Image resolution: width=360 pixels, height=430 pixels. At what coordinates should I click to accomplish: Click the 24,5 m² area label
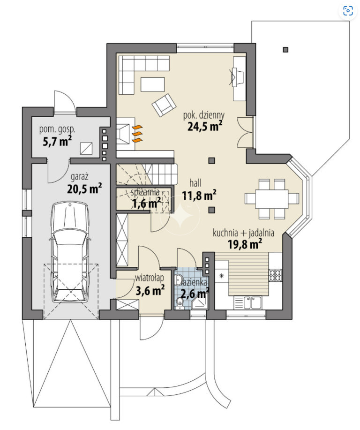point(204,126)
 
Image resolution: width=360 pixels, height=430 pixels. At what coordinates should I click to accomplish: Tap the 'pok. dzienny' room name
point(204,115)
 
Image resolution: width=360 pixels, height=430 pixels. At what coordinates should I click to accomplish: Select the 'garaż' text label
point(80,177)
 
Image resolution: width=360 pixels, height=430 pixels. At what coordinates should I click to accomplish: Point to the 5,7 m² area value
point(57,141)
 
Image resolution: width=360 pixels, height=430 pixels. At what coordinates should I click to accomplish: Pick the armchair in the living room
point(164,106)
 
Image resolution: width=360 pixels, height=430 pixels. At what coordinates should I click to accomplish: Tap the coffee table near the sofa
point(153,84)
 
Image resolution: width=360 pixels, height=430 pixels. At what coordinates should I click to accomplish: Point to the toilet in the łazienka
point(180,303)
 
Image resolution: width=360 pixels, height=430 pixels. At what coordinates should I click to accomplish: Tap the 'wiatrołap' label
point(150,278)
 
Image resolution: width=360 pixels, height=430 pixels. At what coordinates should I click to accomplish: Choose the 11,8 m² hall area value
point(199,195)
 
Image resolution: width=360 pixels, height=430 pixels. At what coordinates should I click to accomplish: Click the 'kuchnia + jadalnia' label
point(243,233)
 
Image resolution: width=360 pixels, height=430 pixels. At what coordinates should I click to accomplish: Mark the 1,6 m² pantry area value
point(146,203)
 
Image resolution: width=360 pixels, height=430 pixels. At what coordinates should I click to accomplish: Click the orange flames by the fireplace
point(137,134)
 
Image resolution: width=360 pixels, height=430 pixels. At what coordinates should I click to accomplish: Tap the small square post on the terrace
point(285,50)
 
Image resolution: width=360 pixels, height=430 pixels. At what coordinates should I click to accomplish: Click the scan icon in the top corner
point(348,11)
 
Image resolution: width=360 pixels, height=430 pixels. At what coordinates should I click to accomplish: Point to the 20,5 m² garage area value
point(84,189)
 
